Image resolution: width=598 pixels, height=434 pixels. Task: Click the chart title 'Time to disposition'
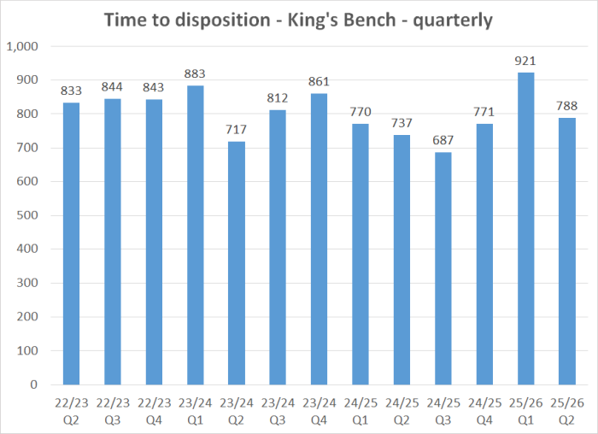pyautogui.click(x=298, y=20)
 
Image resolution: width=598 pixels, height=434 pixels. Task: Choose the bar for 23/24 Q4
pyautogui.click(x=319, y=239)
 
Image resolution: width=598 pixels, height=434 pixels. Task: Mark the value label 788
pyautogui.click(x=566, y=107)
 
